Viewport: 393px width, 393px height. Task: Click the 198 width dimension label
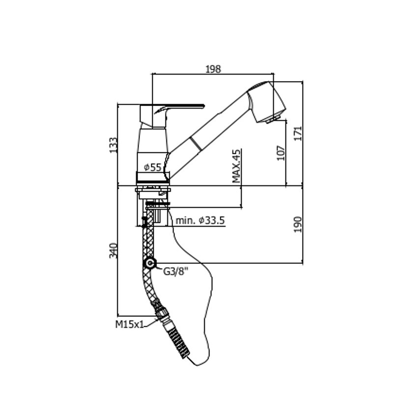(213, 69)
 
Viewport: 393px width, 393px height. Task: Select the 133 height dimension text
(113, 145)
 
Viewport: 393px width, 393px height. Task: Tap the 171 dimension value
(298, 134)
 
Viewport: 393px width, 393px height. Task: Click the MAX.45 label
(236, 166)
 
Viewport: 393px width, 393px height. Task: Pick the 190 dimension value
(298, 225)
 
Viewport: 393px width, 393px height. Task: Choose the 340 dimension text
(113, 251)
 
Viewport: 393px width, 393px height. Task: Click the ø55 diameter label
(153, 167)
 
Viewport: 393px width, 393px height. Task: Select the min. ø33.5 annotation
(200, 221)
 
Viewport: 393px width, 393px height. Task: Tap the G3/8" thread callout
(175, 271)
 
